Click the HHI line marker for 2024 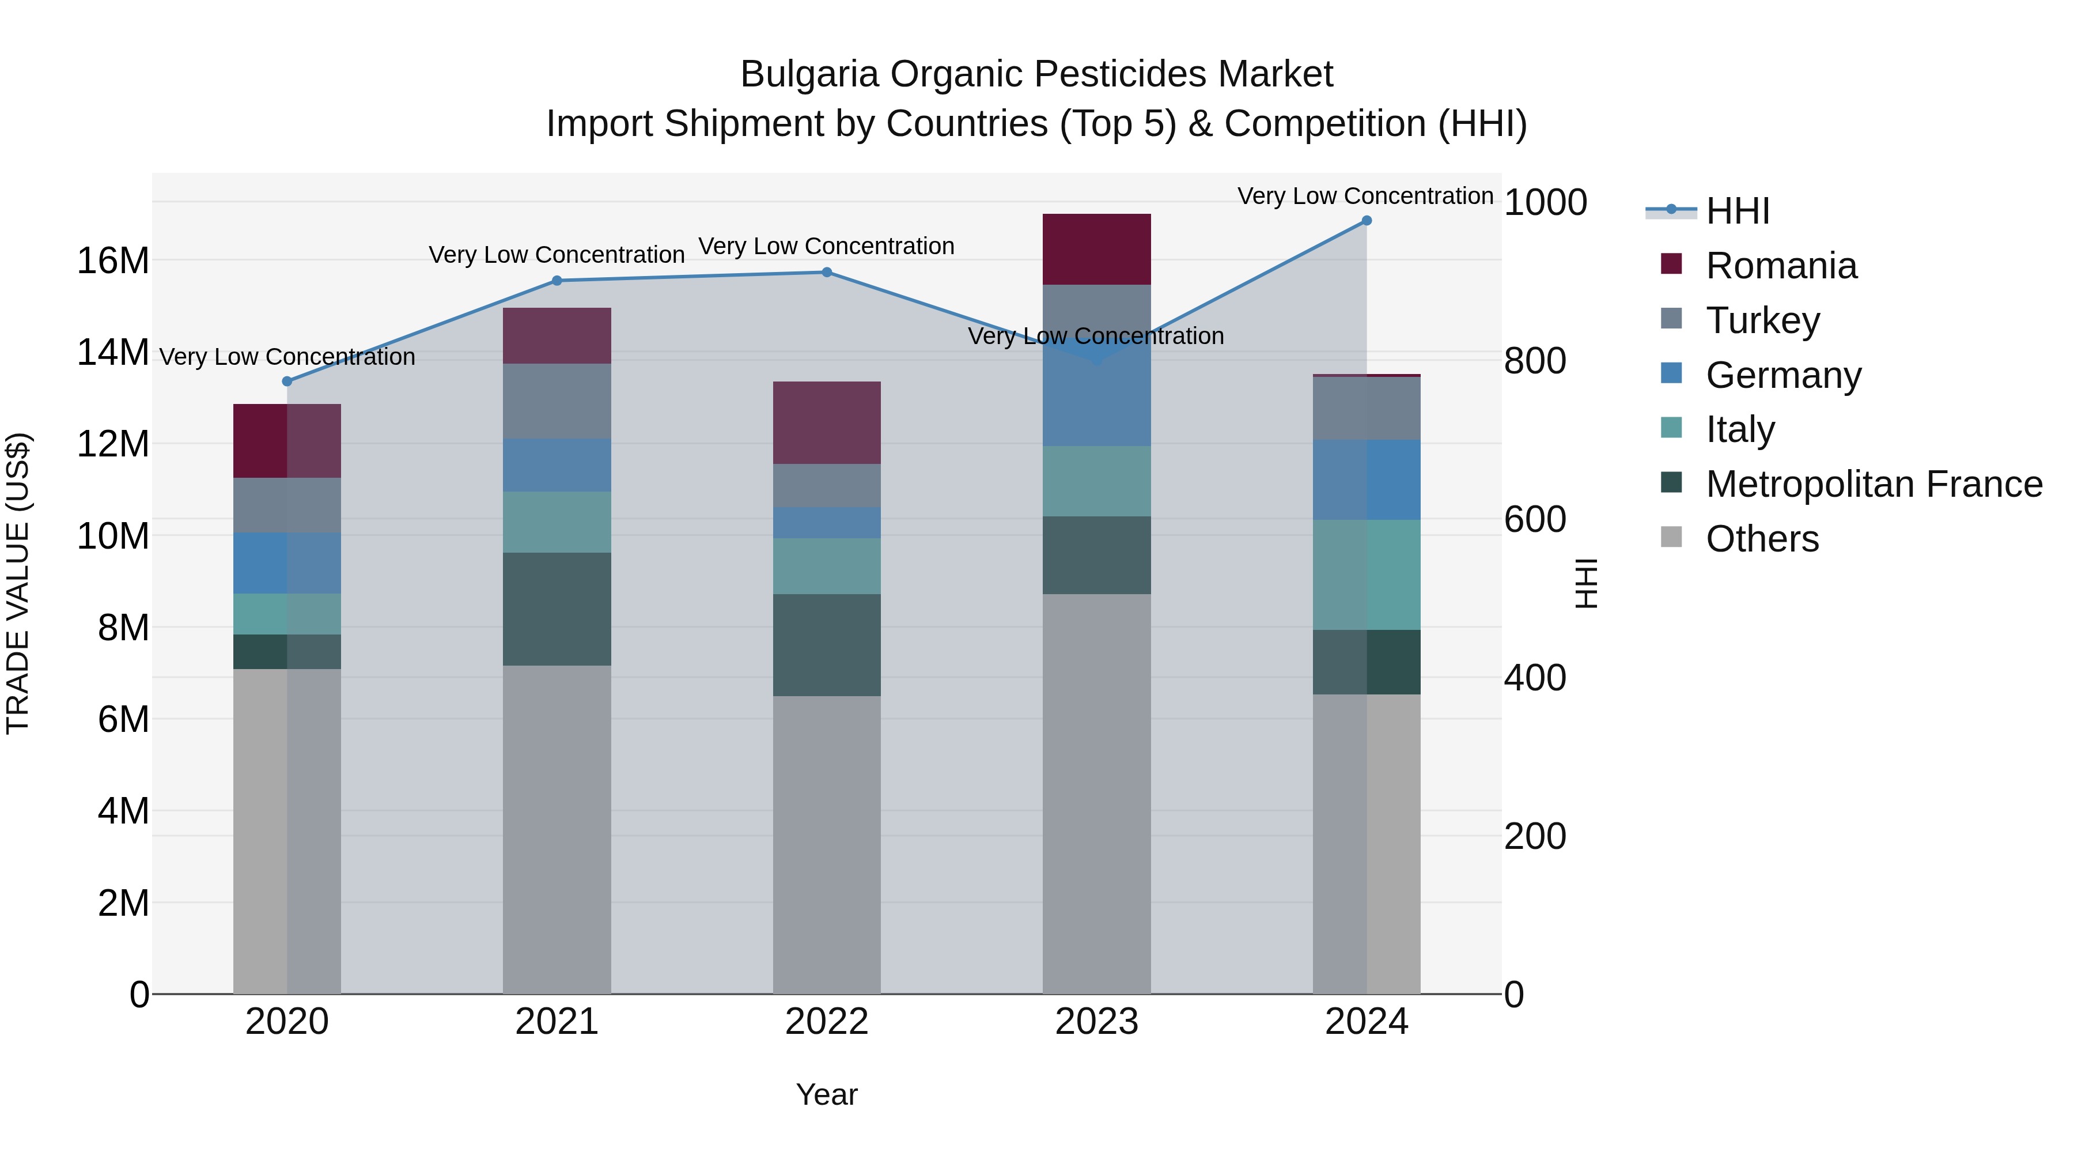(x=1367, y=221)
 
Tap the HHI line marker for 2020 (x=287, y=381)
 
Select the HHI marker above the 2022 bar (x=826, y=272)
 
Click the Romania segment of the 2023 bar (x=1096, y=249)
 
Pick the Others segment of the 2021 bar (x=557, y=829)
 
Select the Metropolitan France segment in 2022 (x=826, y=645)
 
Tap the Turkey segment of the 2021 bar (x=557, y=401)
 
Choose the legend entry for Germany (x=1782, y=375)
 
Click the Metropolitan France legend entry (x=1874, y=484)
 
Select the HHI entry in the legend (x=1736, y=211)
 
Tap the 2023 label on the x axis (x=1096, y=1022)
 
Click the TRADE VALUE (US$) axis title (x=18, y=583)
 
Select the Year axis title (x=826, y=1094)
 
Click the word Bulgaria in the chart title (x=809, y=74)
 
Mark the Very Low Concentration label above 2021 (x=557, y=255)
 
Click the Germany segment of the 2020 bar (x=287, y=563)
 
